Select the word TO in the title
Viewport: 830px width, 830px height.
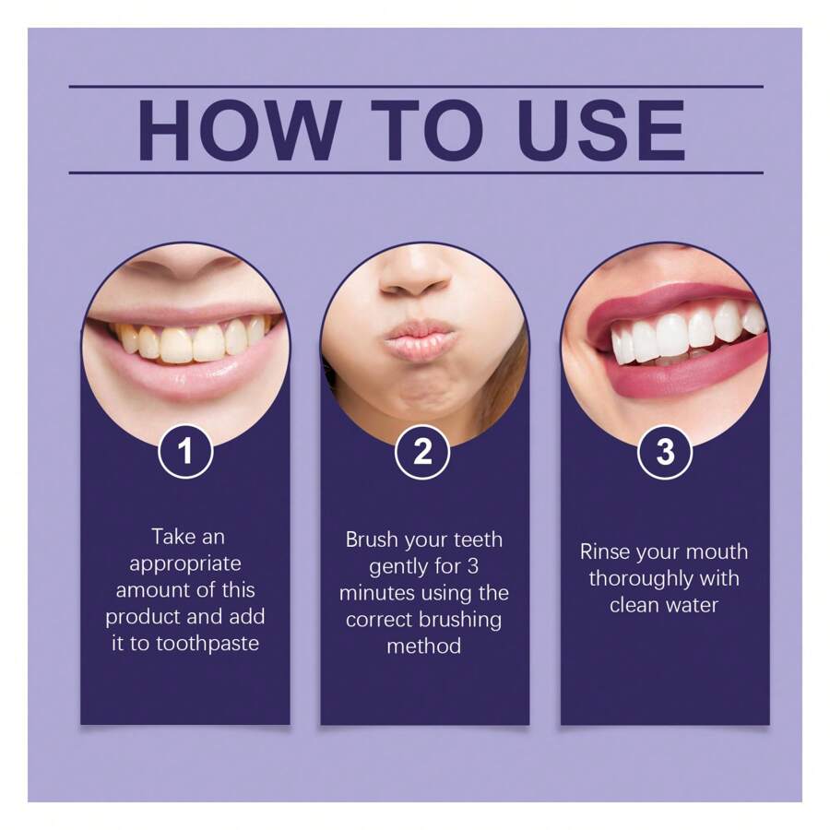421,130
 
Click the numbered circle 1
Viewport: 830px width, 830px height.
185,452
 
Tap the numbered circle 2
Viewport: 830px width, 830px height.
423,452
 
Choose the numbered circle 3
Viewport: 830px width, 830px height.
664,452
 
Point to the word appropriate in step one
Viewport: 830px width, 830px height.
185,563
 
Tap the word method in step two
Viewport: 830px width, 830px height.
423,646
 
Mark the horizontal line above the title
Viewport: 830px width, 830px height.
416,88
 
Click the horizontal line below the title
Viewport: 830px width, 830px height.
416,172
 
